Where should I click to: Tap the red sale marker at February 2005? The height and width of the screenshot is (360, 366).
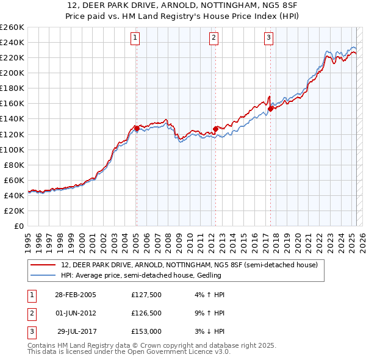pyautogui.click(x=137, y=128)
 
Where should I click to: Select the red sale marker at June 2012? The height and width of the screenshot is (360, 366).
pyautogui.click(x=215, y=129)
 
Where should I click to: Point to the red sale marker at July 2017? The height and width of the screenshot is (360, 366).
pyautogui.click(x=270, y=109)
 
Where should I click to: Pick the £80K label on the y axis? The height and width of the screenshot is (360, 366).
pyautogui.click(x=14, y=165)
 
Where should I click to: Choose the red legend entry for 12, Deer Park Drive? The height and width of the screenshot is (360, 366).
pyautogui.click(x=189, y=265)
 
